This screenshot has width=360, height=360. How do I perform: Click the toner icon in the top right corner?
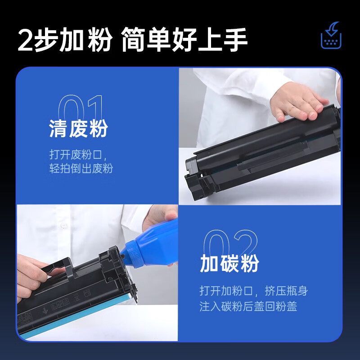(x=331, y=36)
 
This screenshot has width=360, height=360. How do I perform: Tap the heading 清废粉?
(x=78, y=129)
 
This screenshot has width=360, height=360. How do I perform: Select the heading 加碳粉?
(x=229, y=263)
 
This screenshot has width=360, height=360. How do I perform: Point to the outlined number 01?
(x=81, y=108)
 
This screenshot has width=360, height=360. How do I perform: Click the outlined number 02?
(x=230, y=242)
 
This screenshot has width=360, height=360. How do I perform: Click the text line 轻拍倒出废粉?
(x=81, y=168)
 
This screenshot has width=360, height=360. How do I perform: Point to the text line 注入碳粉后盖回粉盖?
(x=248, y=306)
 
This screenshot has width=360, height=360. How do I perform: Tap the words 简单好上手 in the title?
(x=184, y=40)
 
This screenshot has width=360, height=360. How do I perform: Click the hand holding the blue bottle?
(x=161, y=218)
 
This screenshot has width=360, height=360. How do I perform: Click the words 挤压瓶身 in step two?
(x=286, y=291)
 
